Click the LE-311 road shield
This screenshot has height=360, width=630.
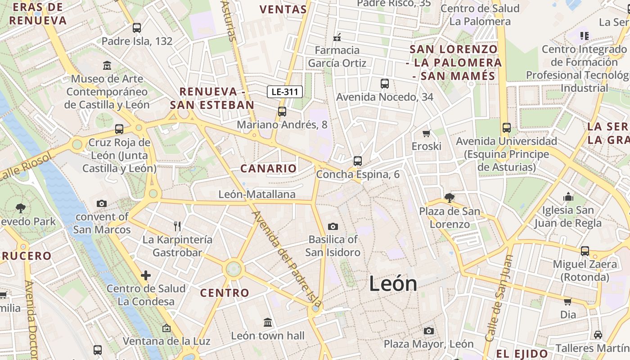click(x=285, y=92)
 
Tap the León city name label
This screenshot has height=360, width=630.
click(x=393, y=283)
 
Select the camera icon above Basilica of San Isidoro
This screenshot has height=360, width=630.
click(x=333, y=226)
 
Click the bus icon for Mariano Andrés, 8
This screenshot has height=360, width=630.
click(x=282, y=111)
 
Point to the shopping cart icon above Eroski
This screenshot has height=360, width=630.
click(x=426, y=133)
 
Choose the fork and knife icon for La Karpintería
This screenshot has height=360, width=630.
click(x=177, y=226)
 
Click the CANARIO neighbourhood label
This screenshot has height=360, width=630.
click(x=269, y=169)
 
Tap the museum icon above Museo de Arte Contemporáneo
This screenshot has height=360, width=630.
click(x=107, y=66)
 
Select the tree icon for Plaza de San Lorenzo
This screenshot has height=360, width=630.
click(x=449, y=198)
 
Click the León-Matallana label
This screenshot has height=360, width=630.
click(x=257, y=194)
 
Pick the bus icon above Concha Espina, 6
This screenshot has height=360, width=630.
click(x=358, y=161)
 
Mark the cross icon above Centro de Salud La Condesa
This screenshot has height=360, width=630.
click(x=146, y=275)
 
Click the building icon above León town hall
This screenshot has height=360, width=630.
click(x=268, y=322)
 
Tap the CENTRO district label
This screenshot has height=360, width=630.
click(x=225, y=293)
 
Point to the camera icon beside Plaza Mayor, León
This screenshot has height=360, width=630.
click(x=429, y=331)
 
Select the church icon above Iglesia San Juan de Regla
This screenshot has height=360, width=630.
click(x=568, y=197)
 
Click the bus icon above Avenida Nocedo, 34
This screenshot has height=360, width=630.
click(x=385, y=83)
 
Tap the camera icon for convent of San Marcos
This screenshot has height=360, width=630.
click(x=102, y=203)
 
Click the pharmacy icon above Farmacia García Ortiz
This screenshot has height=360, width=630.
click(x=337, y=37)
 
